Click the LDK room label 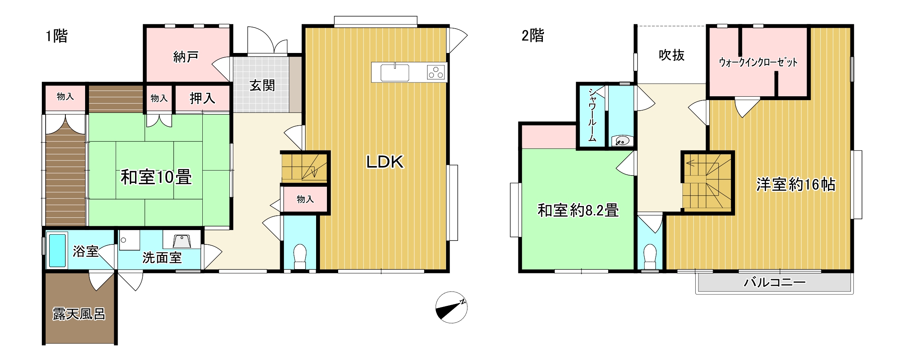[x=385, y=162]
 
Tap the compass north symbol [x=451, y=307]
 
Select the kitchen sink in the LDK [x=395, y=73]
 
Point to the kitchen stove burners [x=436, y=72]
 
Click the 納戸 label [x=186, y=57]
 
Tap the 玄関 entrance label [x=262, y=85]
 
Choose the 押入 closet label [x=202, y=99]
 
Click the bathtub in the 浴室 [x=57, y=251]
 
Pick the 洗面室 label [x=162, y=258]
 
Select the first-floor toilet [x=300, y=256]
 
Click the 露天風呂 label [x=79, y=314]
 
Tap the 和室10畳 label [x=156, y=177]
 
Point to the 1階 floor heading [x=56, y=36]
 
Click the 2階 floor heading [x=533, y=36]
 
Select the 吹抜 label [x=672, y=55]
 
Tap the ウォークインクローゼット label [x=758, y=62]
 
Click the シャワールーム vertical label [x=592, y=115]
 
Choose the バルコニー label [x=775, y=282]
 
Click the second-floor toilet [x=650, y=257]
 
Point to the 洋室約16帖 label [x=796, y=184]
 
